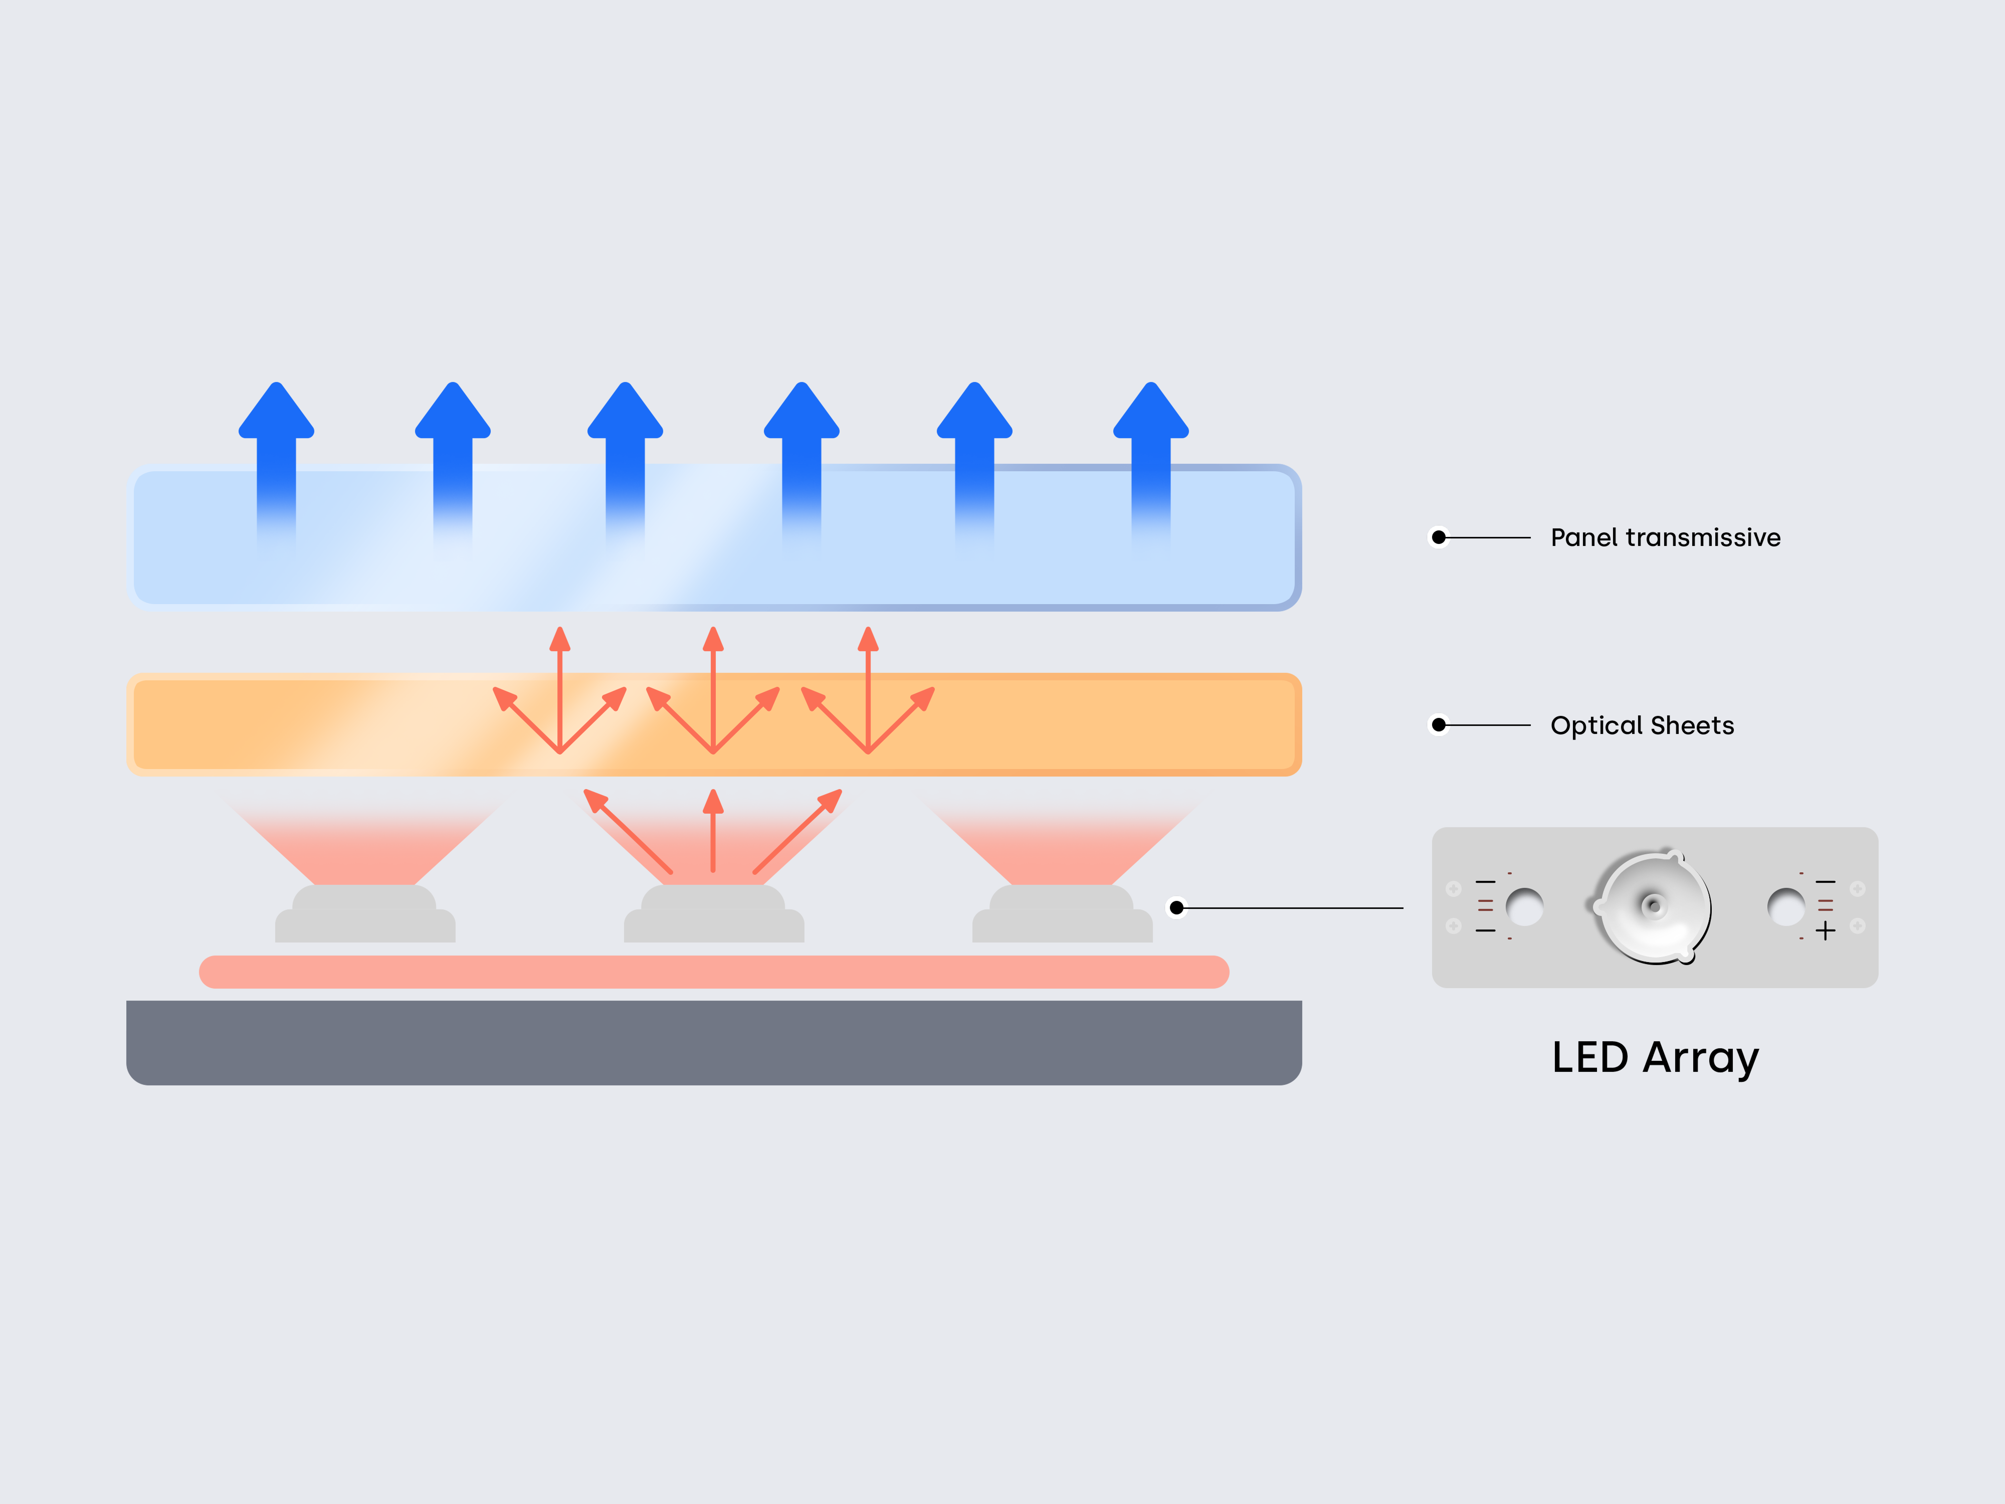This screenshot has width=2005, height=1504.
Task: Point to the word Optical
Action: [1596, 725]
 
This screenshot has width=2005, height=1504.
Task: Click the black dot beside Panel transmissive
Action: [1439, 537]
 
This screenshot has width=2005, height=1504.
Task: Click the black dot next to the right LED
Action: [1176, 907]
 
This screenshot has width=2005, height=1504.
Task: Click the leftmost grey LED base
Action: [365, 915]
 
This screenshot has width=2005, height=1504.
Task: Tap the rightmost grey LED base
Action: [1062, 915]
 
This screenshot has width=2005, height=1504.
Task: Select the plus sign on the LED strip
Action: [1826, 930]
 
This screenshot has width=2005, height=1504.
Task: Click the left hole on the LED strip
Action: [1525, 906]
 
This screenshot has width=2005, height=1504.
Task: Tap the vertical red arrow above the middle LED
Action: [713, 830]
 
